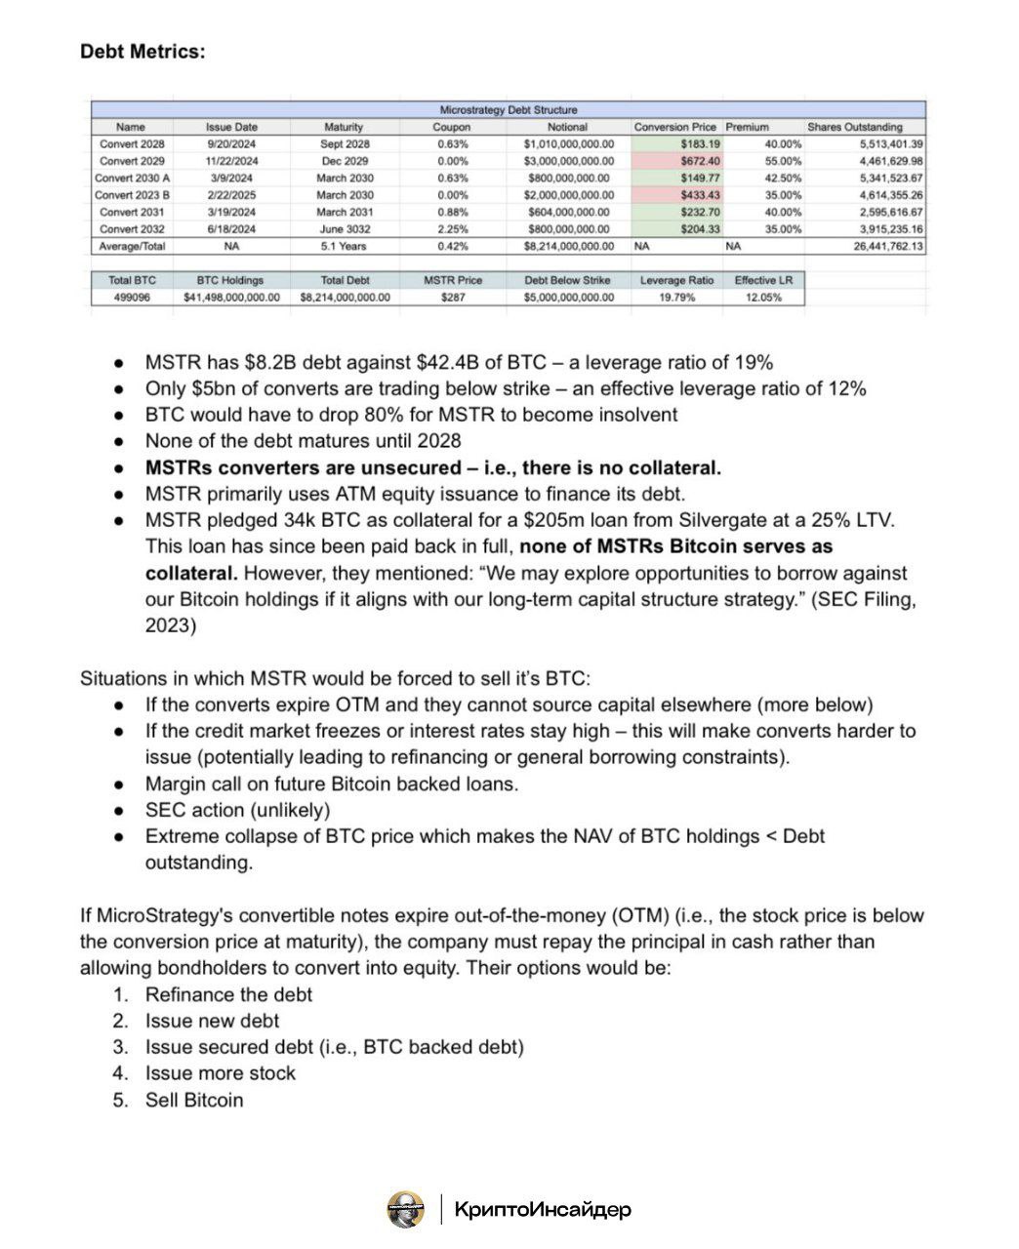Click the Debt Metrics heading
coord(143,51)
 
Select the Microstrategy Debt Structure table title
coord(508,110)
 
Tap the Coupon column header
coord(451,127)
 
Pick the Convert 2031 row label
coord(132,212)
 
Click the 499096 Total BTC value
coord(132,297)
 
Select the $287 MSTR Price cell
coord(453,297)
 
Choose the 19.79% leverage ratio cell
coord(676,297)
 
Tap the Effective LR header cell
coord(763,280)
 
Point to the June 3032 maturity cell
coord(344,229)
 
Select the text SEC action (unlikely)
coord(237,810)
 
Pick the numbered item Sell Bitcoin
coord(194,1100)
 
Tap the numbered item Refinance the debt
coord(228,994)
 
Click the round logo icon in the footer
coord(406,1209)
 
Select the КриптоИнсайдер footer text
coord(543,1209)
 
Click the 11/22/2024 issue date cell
coord(231,161)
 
